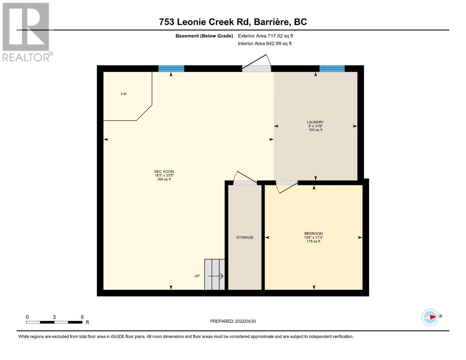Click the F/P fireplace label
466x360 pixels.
tap(124, 94)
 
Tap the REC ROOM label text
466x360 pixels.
tap(164, 171)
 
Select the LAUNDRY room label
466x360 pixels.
tap(315, 122)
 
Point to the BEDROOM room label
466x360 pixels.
tap(313, 233)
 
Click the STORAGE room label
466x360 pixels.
tap(245, 237)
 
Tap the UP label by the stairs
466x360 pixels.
tap(197, 276)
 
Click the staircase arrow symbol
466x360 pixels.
tap(216, 276)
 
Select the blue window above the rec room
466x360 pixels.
tap(171, 68)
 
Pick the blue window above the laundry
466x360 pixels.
tap(332, 68)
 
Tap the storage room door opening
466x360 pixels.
tap(245, 183)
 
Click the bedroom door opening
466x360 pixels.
tap(287, 183)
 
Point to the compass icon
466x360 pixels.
tap(430, 317)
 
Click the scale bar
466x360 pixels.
tap(54, 322)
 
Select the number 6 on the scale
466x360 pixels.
tap(82, 317)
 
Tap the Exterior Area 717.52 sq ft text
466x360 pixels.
tap(265, 36)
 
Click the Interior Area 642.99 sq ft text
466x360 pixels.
tap(265, 44)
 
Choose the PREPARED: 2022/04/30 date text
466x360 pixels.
tap(233, 321)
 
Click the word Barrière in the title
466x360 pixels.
tap(272, 22)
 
